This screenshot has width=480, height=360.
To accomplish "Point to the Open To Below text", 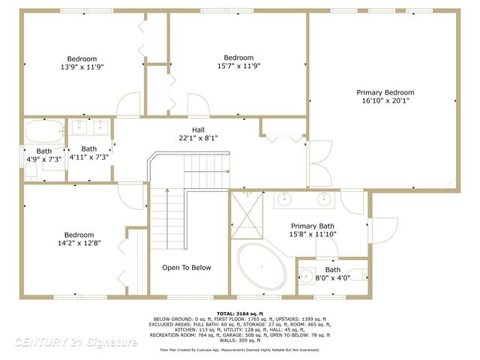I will click(187, 268).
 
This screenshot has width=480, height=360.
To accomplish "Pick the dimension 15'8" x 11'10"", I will click(313, 234).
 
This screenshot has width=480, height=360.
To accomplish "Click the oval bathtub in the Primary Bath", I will click(262, 267).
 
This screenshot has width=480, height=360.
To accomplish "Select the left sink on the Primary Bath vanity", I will click(285, 199).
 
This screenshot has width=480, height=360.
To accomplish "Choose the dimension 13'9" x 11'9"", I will click(82, 67).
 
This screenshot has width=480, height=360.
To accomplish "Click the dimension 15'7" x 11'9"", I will click(238, 66).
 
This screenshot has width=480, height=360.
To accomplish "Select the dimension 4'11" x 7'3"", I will click(89, 157).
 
